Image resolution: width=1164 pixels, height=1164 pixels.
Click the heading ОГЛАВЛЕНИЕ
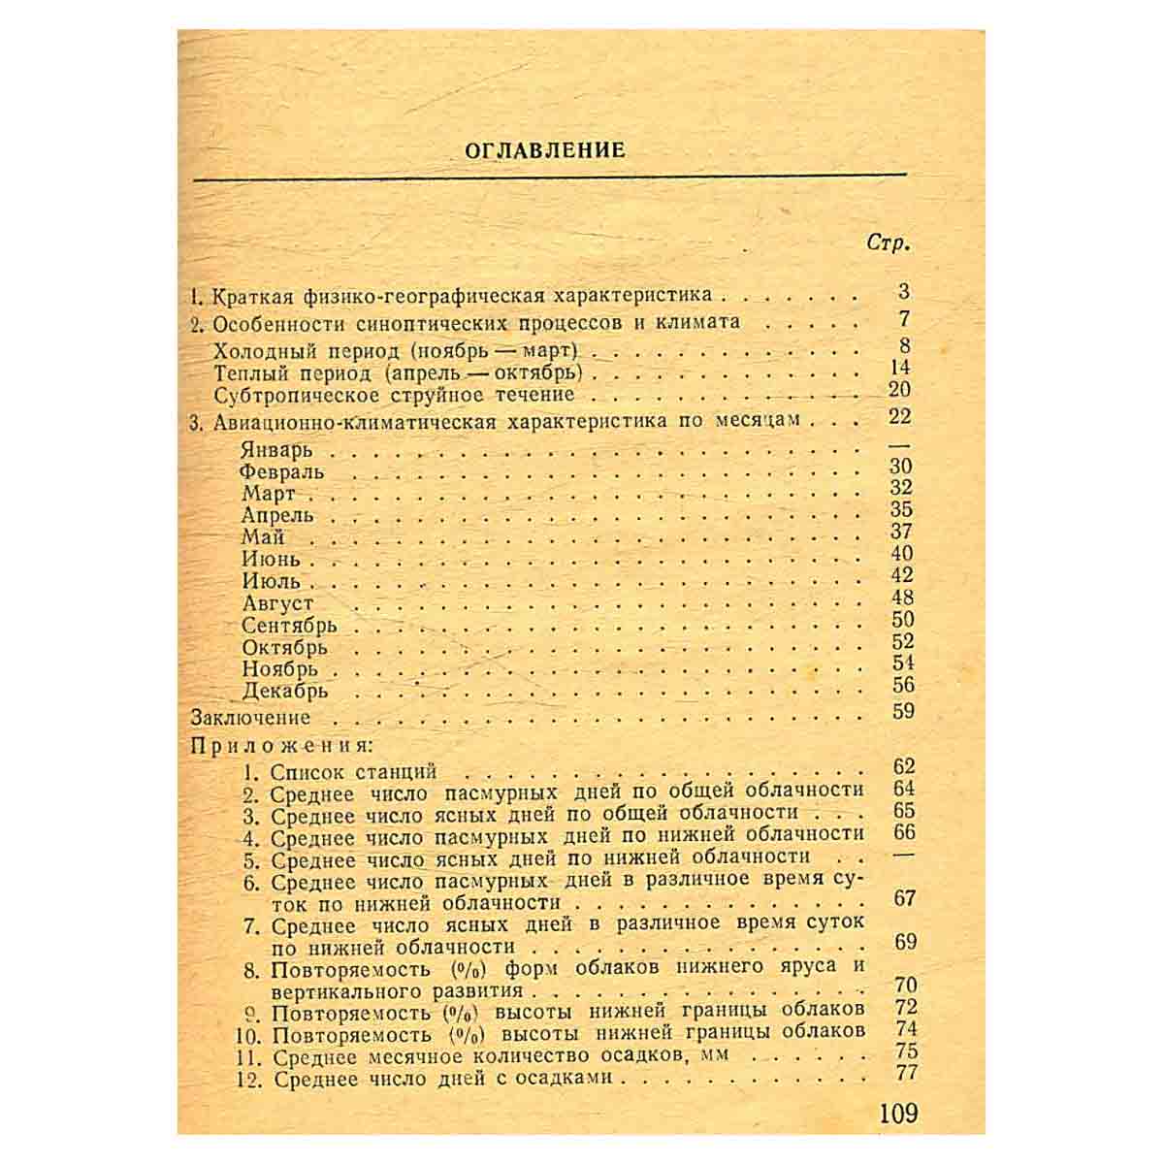(545, 150)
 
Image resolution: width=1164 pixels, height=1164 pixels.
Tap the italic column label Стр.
(888, 243)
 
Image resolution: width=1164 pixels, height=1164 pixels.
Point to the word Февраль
(282, 472)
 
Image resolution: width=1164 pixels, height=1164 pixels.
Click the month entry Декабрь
(285, 692)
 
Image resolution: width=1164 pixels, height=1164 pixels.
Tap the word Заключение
(251, 718)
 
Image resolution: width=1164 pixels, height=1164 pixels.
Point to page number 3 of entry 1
(904, 291)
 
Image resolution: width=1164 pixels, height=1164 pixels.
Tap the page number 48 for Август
(902, 598)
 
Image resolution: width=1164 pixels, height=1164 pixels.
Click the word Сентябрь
(289, 626)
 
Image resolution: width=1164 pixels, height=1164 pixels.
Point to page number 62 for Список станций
(904, 767)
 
